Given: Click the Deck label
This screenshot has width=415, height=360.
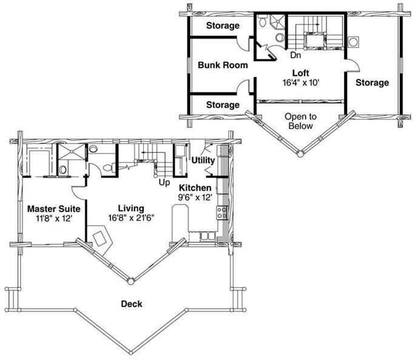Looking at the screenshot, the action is (132, 304).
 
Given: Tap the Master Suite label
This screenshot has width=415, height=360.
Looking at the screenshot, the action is (54, 209).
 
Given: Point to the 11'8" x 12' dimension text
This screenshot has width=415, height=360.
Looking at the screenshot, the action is (54, 219).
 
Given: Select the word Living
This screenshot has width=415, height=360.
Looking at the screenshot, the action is (131, 208).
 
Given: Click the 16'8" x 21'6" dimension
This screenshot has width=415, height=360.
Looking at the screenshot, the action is (131, 218).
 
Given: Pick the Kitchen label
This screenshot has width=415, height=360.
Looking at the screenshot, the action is (195, 188).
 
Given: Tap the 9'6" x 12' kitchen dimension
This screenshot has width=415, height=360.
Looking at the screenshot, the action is (195, 197).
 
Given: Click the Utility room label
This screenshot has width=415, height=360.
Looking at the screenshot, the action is (203, 160).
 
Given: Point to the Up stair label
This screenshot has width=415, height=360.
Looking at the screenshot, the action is (164, 183).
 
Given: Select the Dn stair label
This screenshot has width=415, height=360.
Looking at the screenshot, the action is (295, 55).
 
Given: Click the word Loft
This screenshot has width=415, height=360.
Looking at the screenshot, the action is (301, 73).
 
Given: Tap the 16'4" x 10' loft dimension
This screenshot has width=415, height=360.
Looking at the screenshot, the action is (301, 83).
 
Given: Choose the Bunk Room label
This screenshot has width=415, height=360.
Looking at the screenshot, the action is (223, 65).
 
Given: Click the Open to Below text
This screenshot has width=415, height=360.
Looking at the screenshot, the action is (301, 121).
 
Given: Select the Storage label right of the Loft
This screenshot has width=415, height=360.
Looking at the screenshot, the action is (372, 83).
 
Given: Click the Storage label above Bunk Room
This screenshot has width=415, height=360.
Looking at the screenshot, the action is (223, 25).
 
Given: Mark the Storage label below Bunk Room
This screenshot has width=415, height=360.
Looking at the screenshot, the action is (223, 105).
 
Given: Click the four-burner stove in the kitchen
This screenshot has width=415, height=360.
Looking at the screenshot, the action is (223, 213).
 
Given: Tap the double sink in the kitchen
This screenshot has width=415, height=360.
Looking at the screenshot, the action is (207, 236).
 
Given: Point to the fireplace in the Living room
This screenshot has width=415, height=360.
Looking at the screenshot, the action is (100, 239).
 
